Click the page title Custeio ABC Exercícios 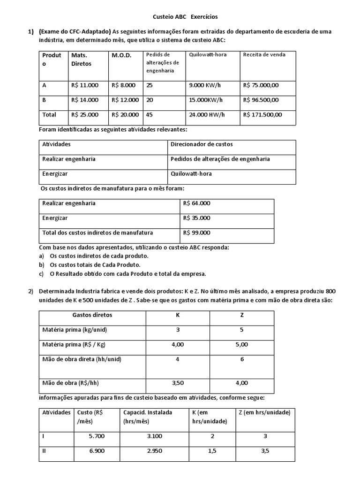pos(185,16)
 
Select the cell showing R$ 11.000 pos(85,85)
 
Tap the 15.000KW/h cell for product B pos(206,100)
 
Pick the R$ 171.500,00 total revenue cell pos(262,115)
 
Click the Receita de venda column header pos(264,54)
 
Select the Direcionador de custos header pos(202,144)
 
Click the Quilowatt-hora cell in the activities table pos(191,173)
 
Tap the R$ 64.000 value pos(197,203)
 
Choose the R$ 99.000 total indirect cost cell pos(197,233)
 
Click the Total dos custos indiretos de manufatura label pos(97,233)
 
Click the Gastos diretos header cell pos(92,315)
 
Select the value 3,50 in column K pos(178,383)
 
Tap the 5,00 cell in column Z pos(242,344)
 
